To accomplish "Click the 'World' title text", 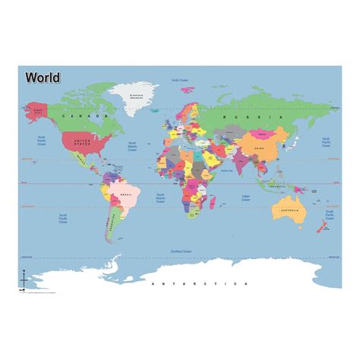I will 43,77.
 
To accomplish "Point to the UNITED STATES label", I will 83,141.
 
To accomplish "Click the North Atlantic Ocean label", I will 132,146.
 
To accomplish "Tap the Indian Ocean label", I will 246,199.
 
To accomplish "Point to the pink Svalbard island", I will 187,90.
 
